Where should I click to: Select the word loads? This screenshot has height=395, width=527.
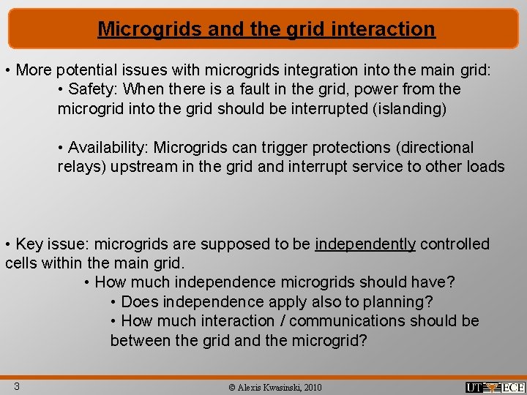tap(484, 167)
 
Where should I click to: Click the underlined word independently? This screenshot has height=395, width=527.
tap(365, 244)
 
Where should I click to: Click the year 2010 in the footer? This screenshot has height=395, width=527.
tap(311, 387)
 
